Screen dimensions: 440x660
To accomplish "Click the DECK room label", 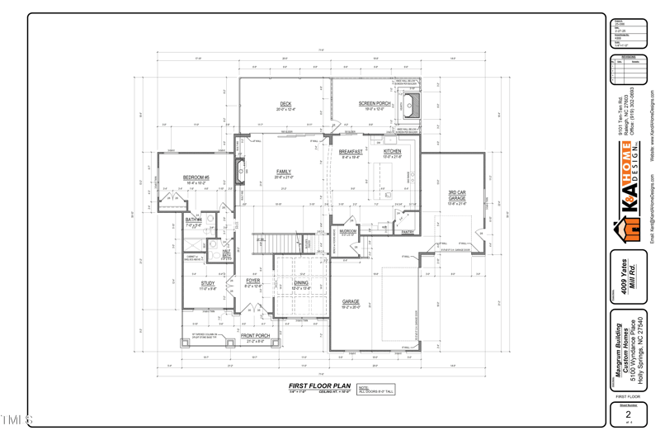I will pyautogui.click(x=285, y=104).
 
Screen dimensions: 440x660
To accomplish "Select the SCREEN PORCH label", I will pyautogui.click(x=375, y=104).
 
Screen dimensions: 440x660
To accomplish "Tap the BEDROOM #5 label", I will pyautogui.click(x=196, y=177).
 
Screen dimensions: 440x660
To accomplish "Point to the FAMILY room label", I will pyautogui.click(x=283, y=172).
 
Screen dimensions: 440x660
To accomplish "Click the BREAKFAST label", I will pyautogui.click(x=351, y=152).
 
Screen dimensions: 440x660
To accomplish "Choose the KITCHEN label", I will pyautogui.click(x=392, y=152).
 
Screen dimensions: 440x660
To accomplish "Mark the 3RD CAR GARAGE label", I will pyautogui.click(x=457, y=196).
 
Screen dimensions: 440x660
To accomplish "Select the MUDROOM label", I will pyautogui.click(x=347, y=231).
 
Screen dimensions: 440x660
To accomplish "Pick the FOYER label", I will pyautogui.click(x=253, y=281).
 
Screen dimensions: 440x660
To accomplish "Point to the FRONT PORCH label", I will pyautogui.click(x=256, y=336).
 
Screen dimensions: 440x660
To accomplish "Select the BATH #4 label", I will pyautogui.click(x=193, y=220).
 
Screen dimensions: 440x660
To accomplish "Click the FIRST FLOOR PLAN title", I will pyautogui.click(x=319, y=386).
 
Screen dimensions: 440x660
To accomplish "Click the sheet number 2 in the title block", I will pyautogui.click(x=629, y=414).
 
